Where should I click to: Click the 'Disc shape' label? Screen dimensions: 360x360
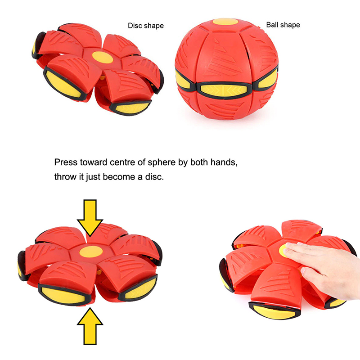[x=146, y=26]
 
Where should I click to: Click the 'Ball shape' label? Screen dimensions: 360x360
[x=283, y=25]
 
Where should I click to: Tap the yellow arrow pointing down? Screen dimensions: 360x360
[x=90, y=217]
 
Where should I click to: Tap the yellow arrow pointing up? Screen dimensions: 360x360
[x=90, y=326]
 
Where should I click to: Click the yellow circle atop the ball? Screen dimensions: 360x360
[x=225, y=22]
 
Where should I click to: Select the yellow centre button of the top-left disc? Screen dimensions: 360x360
[x=103, y=57]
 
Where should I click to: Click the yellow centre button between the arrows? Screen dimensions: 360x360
[x=91, y=252]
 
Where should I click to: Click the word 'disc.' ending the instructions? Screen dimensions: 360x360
[x=154, y=177]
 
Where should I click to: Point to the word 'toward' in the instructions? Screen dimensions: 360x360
[x=94, y=162]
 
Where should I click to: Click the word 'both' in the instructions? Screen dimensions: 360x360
[x=199, y=162]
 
